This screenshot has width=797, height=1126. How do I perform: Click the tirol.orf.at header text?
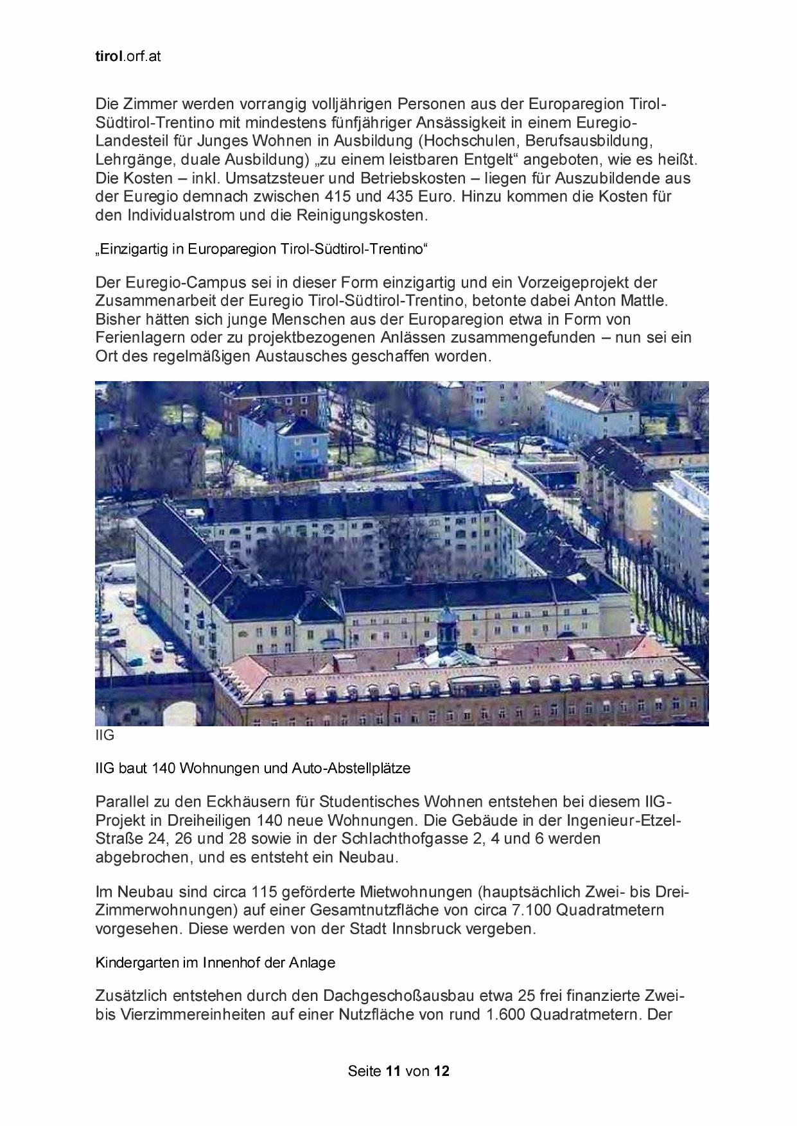[x=127, y=56]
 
